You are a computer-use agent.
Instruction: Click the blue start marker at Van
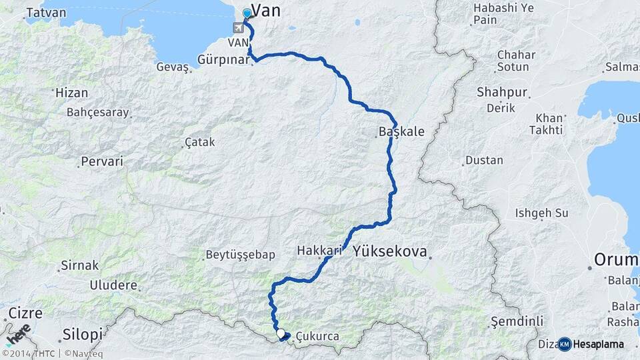247,13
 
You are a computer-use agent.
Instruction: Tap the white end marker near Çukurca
281,334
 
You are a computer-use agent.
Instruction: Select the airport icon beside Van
238,28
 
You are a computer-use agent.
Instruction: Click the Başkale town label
401,132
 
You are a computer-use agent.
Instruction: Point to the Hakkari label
319,251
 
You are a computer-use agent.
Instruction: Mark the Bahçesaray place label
97,112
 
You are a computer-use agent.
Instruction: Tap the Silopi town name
83,333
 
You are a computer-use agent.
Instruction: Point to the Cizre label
25,313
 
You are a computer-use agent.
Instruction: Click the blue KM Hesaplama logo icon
564,344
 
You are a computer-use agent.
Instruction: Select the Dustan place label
484,160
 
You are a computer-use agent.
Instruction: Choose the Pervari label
102,161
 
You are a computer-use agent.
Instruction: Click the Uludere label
114,285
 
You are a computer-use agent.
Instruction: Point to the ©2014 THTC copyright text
29,354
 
